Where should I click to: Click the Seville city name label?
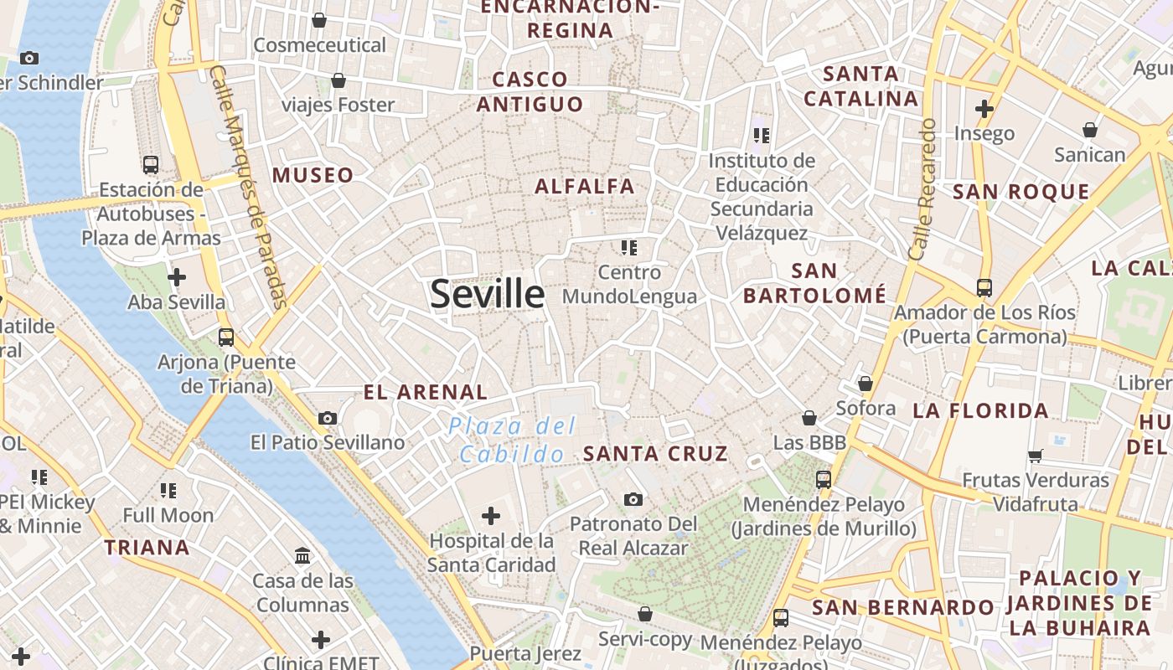(487, 294)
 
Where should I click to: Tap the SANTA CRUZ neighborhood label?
(655, 454)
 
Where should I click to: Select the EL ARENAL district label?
(426, 392)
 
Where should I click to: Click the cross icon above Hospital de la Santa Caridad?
(491, 515)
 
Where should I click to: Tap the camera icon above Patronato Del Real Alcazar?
(633, 499)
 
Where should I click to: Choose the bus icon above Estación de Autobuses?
(151, 165)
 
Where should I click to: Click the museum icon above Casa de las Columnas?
(302, 555)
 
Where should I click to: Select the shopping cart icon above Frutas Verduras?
(1036, 456)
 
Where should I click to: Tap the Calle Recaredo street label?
(922, 188)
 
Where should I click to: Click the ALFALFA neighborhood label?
(585, 186)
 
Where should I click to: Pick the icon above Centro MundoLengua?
(629, 247)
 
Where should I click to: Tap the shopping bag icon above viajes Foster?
(338, 80)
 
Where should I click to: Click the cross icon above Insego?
(984, 108)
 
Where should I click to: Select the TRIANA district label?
(147, 548)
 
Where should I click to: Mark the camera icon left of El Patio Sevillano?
(328, 418)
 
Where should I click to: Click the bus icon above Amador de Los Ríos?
(984, 288)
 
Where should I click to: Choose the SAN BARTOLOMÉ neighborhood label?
(814, 283)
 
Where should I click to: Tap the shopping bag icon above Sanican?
(1090, 130)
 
